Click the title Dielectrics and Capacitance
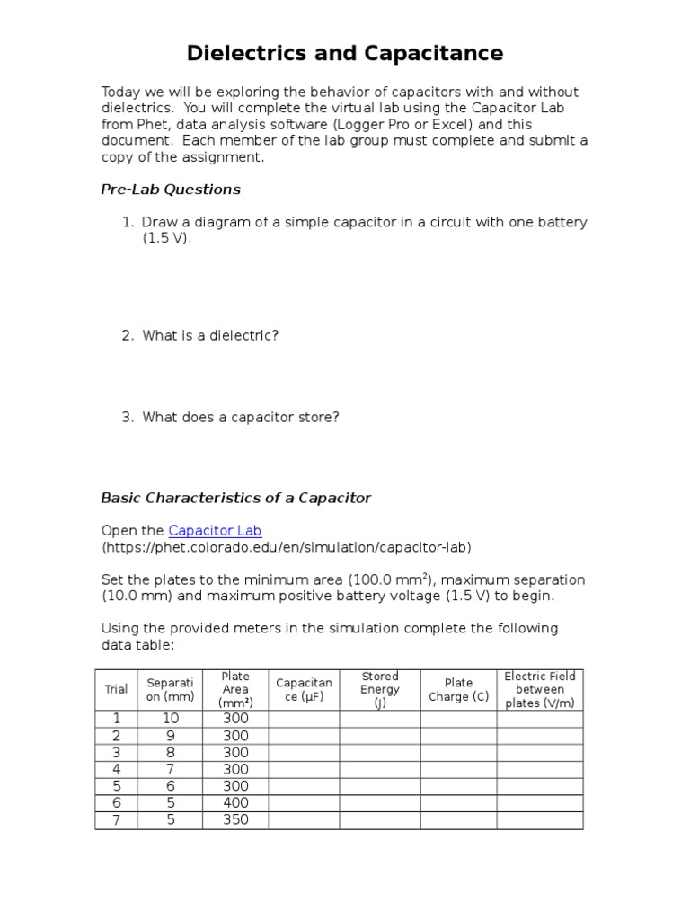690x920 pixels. (345, 54)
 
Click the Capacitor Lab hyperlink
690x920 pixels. (215, 530)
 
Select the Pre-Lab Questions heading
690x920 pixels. (171, 190)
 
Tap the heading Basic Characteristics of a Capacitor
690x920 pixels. (235, 498)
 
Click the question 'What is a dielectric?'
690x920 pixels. (210, 335)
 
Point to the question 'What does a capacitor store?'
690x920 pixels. (240, 417)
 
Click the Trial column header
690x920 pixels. (116, 689)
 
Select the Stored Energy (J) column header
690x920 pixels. (379, 689)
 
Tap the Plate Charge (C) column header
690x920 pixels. (458, 689)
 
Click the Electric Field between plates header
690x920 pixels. (539, 689)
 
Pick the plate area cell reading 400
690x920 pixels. (235, 802)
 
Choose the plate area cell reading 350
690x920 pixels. (235, 819)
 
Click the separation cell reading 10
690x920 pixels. (170, 718)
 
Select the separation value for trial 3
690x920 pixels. (170, 752)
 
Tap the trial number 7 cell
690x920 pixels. (116, 819)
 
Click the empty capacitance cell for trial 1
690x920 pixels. (304, 718)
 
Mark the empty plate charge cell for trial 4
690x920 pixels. (458, 769)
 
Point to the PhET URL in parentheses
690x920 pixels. (286, 547)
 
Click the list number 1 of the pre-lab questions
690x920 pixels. (127, 222)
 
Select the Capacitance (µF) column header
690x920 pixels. (304, 689)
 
